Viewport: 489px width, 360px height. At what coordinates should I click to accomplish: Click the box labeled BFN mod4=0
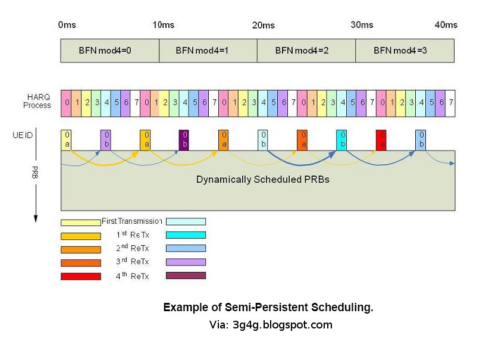(x=109, y=51)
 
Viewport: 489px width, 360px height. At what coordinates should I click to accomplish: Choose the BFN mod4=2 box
(x=306, y=51)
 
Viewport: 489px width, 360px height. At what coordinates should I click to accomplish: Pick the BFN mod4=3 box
(x=405, y=51)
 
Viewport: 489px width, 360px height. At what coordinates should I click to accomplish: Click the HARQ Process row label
(x=37, y=101)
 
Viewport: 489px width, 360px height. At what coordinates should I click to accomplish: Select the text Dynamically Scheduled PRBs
(x=262, y=179)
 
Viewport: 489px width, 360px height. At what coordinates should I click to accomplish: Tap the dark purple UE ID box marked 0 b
(x=184, y=140)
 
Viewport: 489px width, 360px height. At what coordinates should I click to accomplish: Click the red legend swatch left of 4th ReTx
(x=80, y=276)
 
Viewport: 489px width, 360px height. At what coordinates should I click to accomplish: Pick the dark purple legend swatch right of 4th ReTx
(x=186, y=276)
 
